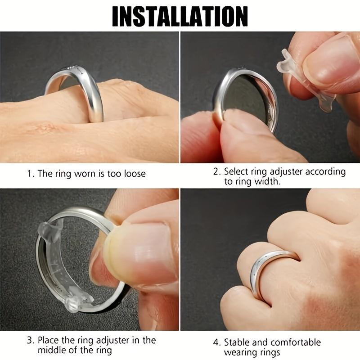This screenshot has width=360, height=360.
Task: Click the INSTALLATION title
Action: tap(180, 16)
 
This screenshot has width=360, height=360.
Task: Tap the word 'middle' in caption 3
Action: tap(53, 351)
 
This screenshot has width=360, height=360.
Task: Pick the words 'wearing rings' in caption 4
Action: tap(252, 353)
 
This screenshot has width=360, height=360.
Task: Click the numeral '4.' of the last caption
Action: tap(216, 342)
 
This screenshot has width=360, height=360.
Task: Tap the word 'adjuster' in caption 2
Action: tap(285, 171)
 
